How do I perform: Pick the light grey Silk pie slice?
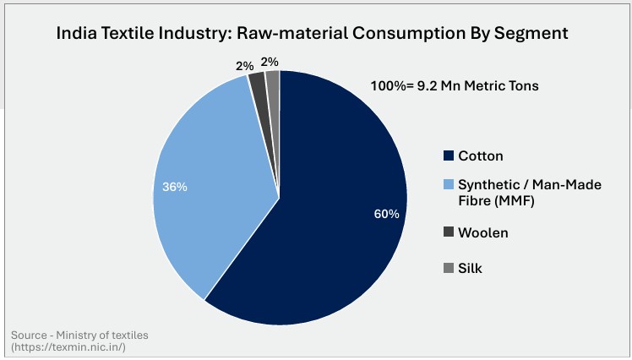(x=273, y=80)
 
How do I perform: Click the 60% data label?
(x=386, y=214)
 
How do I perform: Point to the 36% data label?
(x=175, y=186)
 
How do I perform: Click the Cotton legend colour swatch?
(x=448, y=156)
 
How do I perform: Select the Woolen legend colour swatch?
(x=448, y=232)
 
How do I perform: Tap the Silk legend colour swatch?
(x=448, y=269)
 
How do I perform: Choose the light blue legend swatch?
(x=448, y=184)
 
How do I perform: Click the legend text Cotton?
(x=481, y=156)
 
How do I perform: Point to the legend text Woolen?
(x=484, y=232)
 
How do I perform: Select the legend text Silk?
(x=470, y=269)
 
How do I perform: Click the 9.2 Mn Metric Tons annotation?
(x=477, y=85)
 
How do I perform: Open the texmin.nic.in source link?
(x=68, y=347)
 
